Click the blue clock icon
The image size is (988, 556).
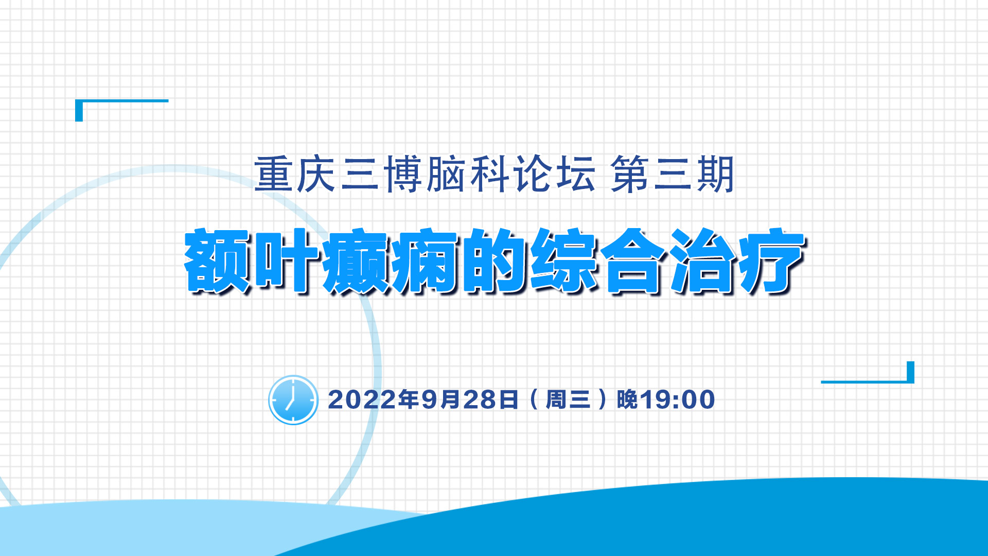[293, 400]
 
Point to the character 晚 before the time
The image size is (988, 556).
[628, 399]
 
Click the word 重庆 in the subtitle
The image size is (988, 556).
[295, 175]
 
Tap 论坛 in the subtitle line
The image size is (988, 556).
[554, 175]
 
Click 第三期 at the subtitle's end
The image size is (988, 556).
[672, 175]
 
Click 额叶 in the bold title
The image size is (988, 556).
[253, 261]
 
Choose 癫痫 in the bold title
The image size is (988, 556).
[391, 261]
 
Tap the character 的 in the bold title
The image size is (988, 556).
[495, 261]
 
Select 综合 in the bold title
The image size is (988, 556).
[598, 261]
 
